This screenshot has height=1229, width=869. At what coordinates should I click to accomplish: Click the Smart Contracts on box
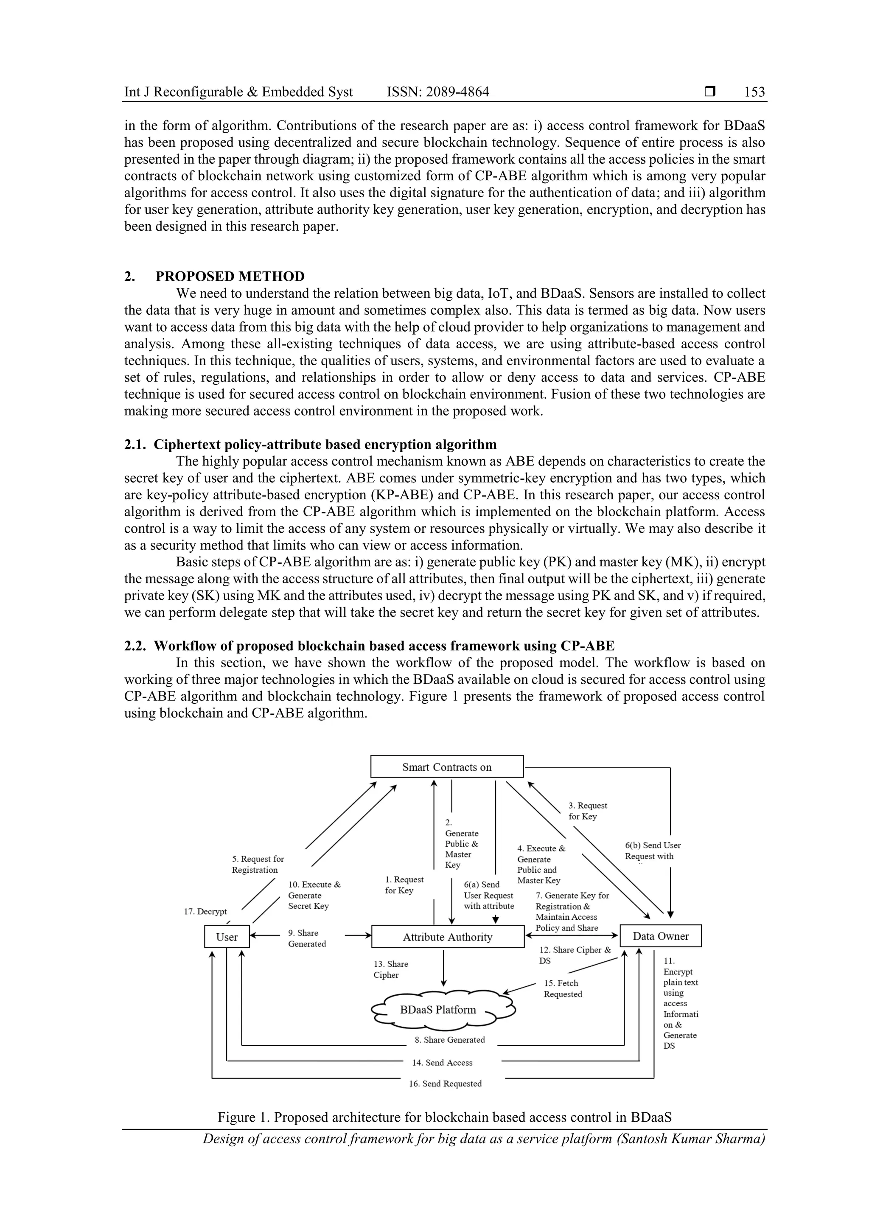pos(446,767)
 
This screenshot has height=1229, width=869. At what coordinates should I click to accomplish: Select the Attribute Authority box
pos(448,937)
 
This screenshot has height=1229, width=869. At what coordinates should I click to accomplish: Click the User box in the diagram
pos(227,937)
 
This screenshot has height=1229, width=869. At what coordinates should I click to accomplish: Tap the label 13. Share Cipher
pos(390,969)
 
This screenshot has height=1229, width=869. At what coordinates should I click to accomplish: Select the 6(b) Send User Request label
pos(653,851)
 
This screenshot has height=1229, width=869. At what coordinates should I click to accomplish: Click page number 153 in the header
pos(754,92)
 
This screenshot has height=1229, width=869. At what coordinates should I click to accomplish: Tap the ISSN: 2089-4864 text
pos(437,92)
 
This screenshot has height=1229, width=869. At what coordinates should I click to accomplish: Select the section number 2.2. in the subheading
pos(135,646)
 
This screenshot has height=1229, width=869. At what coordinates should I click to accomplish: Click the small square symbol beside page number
pos(710,92)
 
